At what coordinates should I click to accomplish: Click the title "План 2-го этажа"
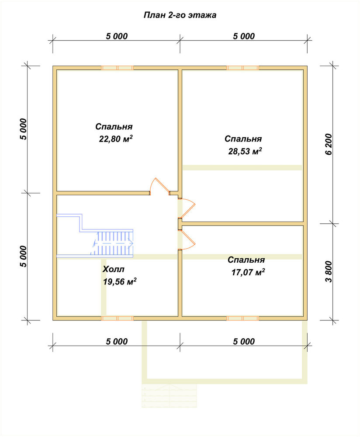[180, 15]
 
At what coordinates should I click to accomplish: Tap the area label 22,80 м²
[116, 139]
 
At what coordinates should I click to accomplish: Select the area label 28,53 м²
[245, 151]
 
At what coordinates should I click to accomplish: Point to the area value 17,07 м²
[248, 272]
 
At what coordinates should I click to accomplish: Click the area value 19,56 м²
[120, 281]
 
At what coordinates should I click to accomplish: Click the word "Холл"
[113, 269]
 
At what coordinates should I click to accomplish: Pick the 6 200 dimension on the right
[329, 144]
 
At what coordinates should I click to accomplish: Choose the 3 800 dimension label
[329, 272]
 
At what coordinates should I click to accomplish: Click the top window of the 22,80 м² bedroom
[117, 68]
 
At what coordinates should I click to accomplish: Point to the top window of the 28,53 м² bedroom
[242, 68]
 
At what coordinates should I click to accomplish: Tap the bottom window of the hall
[117, 318]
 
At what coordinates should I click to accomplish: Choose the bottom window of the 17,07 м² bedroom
[242, 318]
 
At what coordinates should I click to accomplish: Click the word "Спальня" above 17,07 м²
[246, 260]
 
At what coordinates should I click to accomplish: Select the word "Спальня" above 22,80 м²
[114, 127]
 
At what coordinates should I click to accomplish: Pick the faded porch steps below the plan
[169, 396]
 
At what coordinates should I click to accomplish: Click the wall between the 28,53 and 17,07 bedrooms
[242, 223]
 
